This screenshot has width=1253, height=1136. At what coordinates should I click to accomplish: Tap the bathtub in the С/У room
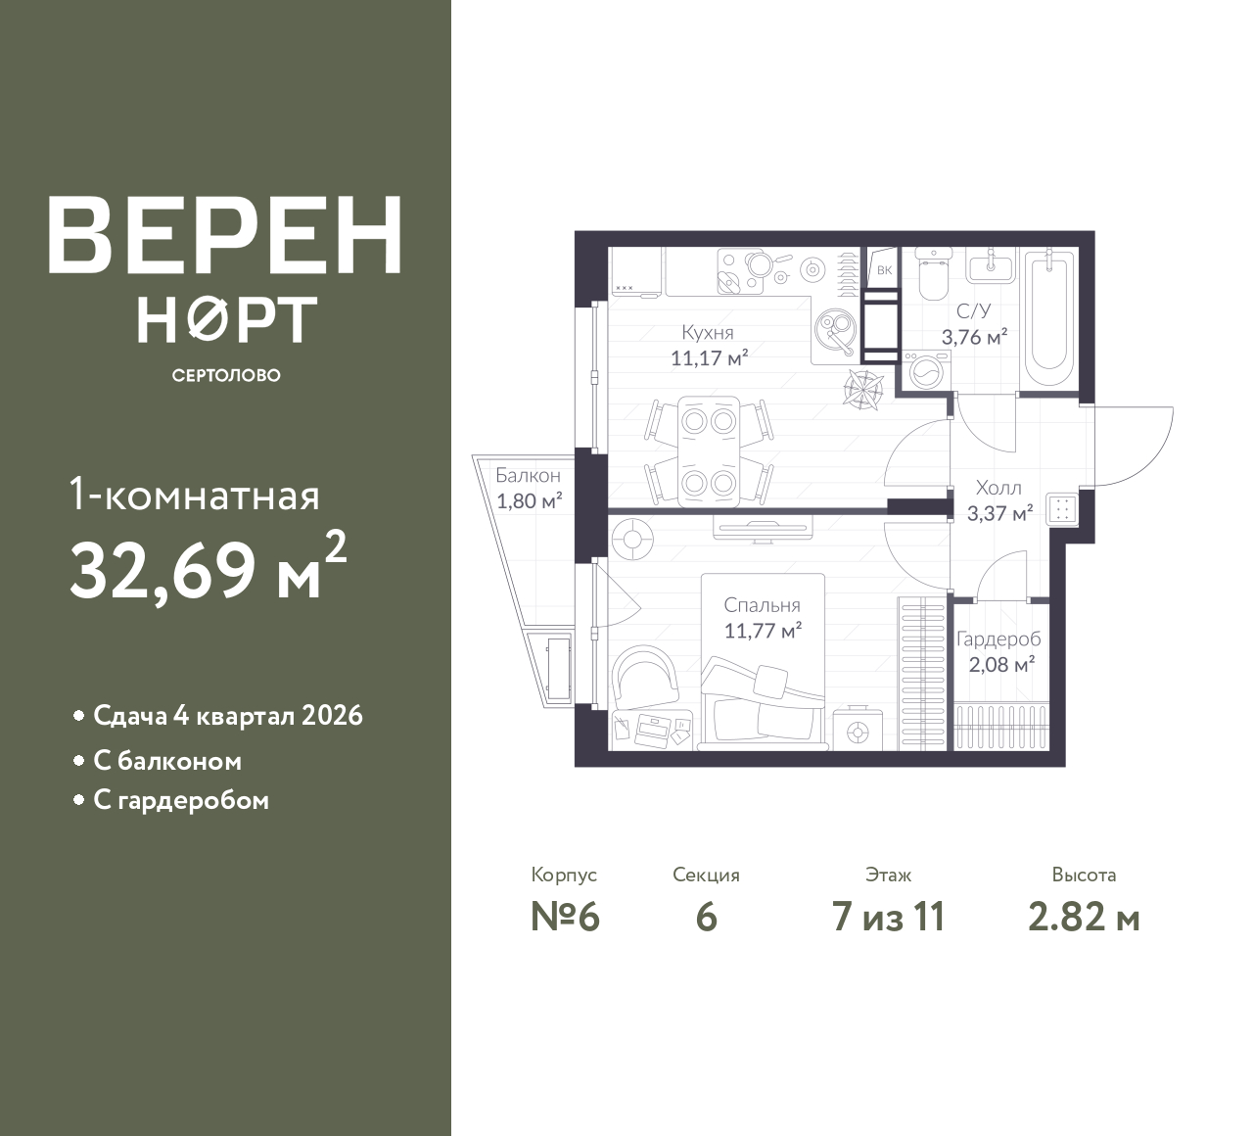(1049, 317)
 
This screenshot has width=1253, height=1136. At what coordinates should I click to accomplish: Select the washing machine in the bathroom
(926, 371)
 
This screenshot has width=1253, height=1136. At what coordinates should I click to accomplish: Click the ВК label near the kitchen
(884, 270)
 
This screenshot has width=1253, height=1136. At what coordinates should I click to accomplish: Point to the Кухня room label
(707, 332)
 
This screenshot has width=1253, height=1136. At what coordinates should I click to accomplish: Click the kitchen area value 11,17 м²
(709, 358)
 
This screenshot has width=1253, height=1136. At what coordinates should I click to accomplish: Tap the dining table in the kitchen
(709, 451)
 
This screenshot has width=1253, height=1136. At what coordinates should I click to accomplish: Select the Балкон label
(528, 476)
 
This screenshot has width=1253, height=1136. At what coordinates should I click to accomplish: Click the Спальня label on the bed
(762, 605)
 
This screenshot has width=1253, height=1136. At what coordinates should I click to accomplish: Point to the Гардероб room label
(998, 639)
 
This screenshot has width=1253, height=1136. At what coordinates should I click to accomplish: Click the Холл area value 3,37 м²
(999, 513)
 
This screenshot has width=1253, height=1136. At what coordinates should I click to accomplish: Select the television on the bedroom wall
(762, 528)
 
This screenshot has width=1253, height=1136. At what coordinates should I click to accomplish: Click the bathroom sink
(991, 265)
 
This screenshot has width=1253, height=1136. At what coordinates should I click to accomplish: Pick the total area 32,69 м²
(208, 567)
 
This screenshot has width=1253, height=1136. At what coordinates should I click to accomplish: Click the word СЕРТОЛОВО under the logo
(226, 375)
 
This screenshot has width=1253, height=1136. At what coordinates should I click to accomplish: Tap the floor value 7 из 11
(888, 918)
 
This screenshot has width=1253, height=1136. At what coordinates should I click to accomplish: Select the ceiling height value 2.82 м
(1084, 918)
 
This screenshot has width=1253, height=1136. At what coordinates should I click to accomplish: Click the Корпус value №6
(565, 918)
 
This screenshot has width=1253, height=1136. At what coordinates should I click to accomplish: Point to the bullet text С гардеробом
(181, 800)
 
